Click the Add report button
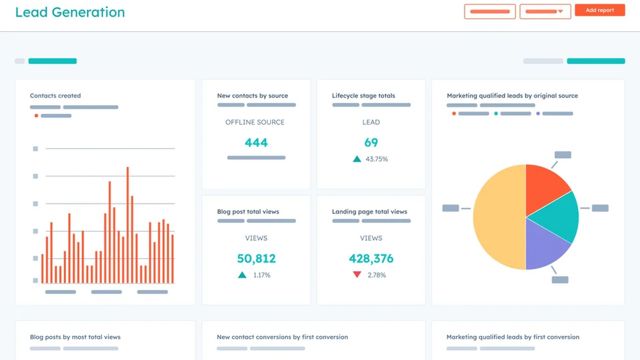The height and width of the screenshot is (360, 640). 600,11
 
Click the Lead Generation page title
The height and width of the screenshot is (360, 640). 70,13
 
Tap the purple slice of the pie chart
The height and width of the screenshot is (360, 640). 546,243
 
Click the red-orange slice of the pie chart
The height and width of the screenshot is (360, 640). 544,180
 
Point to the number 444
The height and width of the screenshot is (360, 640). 256,143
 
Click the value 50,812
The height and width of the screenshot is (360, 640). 256,259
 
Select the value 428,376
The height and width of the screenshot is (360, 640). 371,259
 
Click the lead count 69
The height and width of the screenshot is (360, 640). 371,143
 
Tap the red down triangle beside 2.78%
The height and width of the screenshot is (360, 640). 357,275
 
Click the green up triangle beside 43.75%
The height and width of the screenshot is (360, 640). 356,159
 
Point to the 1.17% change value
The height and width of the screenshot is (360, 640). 262,275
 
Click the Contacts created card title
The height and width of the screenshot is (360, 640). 55,96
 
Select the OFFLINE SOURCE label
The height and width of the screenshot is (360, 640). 256,121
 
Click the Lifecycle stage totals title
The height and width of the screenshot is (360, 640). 363,96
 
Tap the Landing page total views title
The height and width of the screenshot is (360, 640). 369,212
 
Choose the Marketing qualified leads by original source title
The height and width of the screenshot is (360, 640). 511,96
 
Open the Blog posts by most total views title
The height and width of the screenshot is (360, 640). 75,337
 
